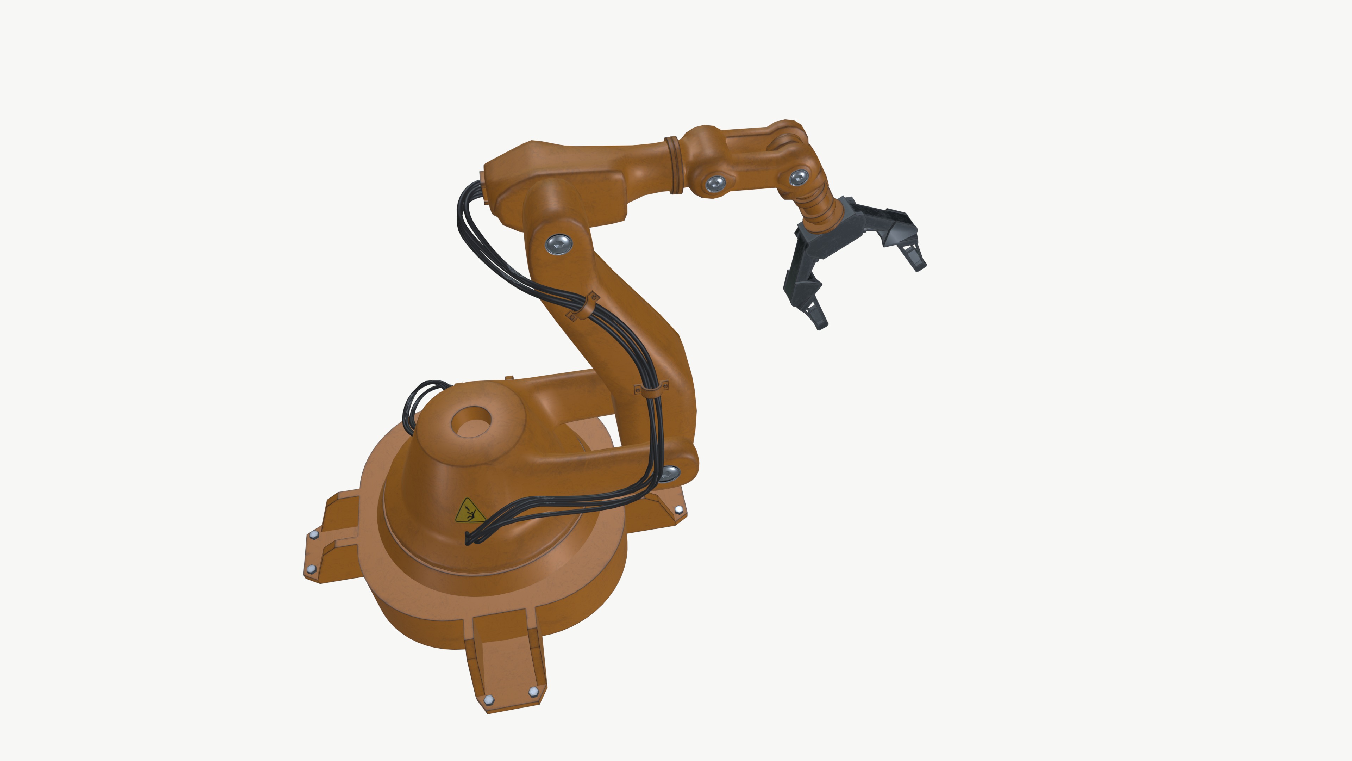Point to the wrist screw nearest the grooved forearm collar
(715, 183)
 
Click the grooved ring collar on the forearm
(675, 165)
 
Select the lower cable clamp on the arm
(651, 390)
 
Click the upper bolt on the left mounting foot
(314, 535)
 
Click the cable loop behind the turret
(420, 402)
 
